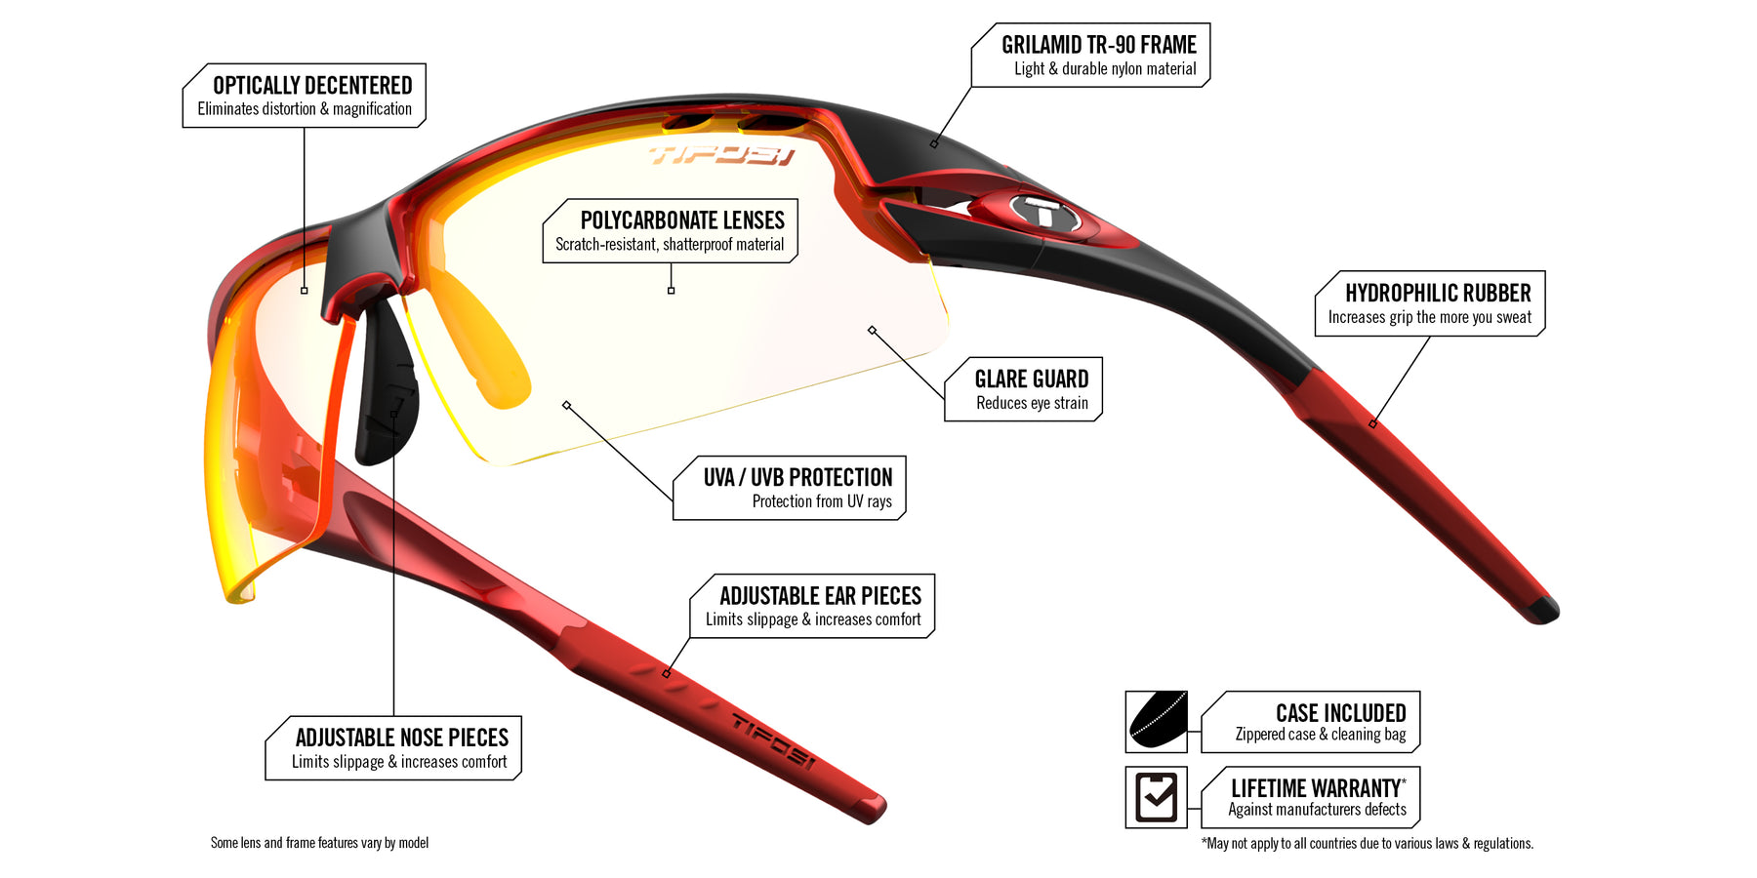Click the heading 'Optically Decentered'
312,86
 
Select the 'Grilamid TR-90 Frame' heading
1098,45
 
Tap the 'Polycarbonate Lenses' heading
682,220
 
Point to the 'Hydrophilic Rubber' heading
1438,294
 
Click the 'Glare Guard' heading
1031,379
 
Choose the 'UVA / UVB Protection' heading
797,478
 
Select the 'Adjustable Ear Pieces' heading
820,596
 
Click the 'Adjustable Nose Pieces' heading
401,738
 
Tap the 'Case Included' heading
1340,713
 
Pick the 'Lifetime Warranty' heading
1316,788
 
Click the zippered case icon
1157,722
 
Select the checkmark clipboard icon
1157,797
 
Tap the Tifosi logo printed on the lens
721,155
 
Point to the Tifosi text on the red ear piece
772,741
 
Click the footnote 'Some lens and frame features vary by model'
319,843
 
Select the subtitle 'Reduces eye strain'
1032,404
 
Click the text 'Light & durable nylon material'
1104,69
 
